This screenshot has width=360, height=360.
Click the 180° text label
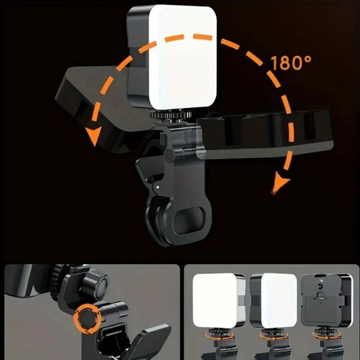pyautogui.click(x=291, y=64)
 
